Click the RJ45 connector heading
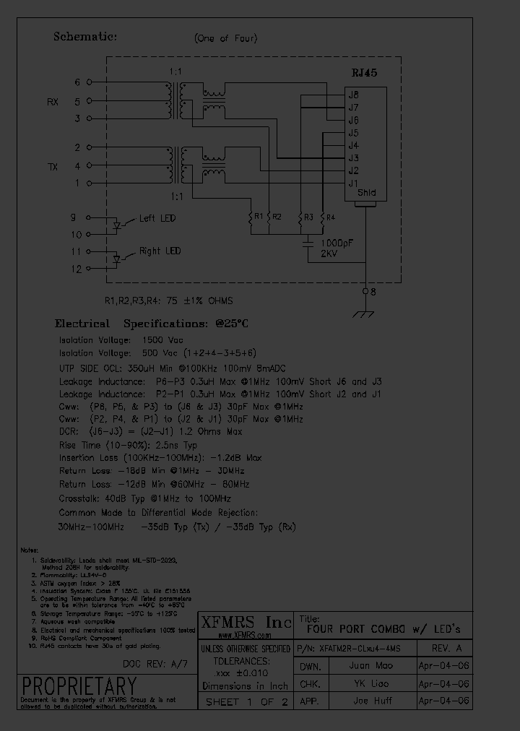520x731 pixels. point(364,73)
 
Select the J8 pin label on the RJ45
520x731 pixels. point(353,94)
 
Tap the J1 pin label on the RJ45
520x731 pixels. point(353,183)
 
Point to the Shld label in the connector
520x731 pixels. point(366,194)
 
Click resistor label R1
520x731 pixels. point(258,216)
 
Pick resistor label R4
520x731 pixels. point(330,217)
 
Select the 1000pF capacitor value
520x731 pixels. point(336,243)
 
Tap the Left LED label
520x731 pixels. point(157,217)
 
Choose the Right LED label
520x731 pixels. point(160,251)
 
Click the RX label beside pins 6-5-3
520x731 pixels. point(53,102)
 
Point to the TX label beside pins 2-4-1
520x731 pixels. point(53,167)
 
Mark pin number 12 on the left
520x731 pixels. point(76,269)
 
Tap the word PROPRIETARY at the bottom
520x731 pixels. point(78,685)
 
